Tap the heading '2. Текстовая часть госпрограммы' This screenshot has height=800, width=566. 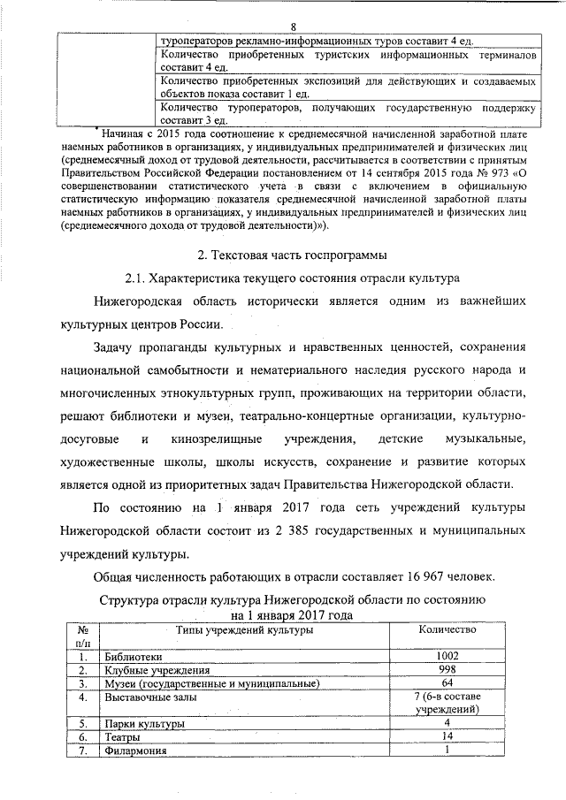[x=292, y=256]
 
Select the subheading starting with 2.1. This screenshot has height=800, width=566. [x=292, y=279]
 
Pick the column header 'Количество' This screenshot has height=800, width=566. [x=446, y=629]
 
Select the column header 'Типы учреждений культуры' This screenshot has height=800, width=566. [x=243, y=629]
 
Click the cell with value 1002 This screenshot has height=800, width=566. [x=447, y=657]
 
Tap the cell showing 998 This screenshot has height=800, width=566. [x=447, y=670]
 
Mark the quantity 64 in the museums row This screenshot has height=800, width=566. [x=447, y=683]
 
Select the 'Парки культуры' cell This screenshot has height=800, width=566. [x=143, y=724]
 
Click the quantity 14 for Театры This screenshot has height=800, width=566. [x=447, y=736]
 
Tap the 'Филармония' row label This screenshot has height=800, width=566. [x=136, y=750]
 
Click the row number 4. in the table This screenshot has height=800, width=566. [x=82, y=697]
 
